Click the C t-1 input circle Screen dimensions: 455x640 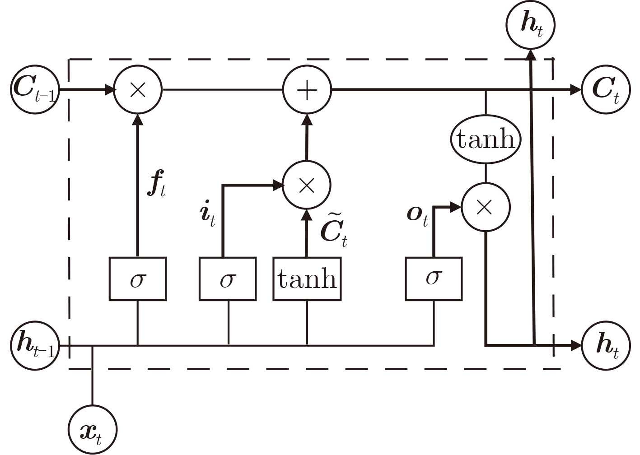[34, 89]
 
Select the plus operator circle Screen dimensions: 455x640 [307, 90]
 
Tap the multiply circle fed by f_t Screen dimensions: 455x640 [137, 90]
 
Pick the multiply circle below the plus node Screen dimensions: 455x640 [307, 185]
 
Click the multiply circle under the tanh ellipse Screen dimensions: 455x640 [485, 208]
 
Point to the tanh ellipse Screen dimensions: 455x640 [486, 139]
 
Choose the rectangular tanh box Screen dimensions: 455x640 [307, 279]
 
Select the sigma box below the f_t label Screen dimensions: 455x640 [137, 279]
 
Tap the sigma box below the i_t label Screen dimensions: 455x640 [228, 279]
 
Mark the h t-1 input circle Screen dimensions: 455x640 [34, 345]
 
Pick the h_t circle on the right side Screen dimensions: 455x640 [606, 345]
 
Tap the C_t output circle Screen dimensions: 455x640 [606, 89]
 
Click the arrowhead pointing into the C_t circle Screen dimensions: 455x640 [575, 90]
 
